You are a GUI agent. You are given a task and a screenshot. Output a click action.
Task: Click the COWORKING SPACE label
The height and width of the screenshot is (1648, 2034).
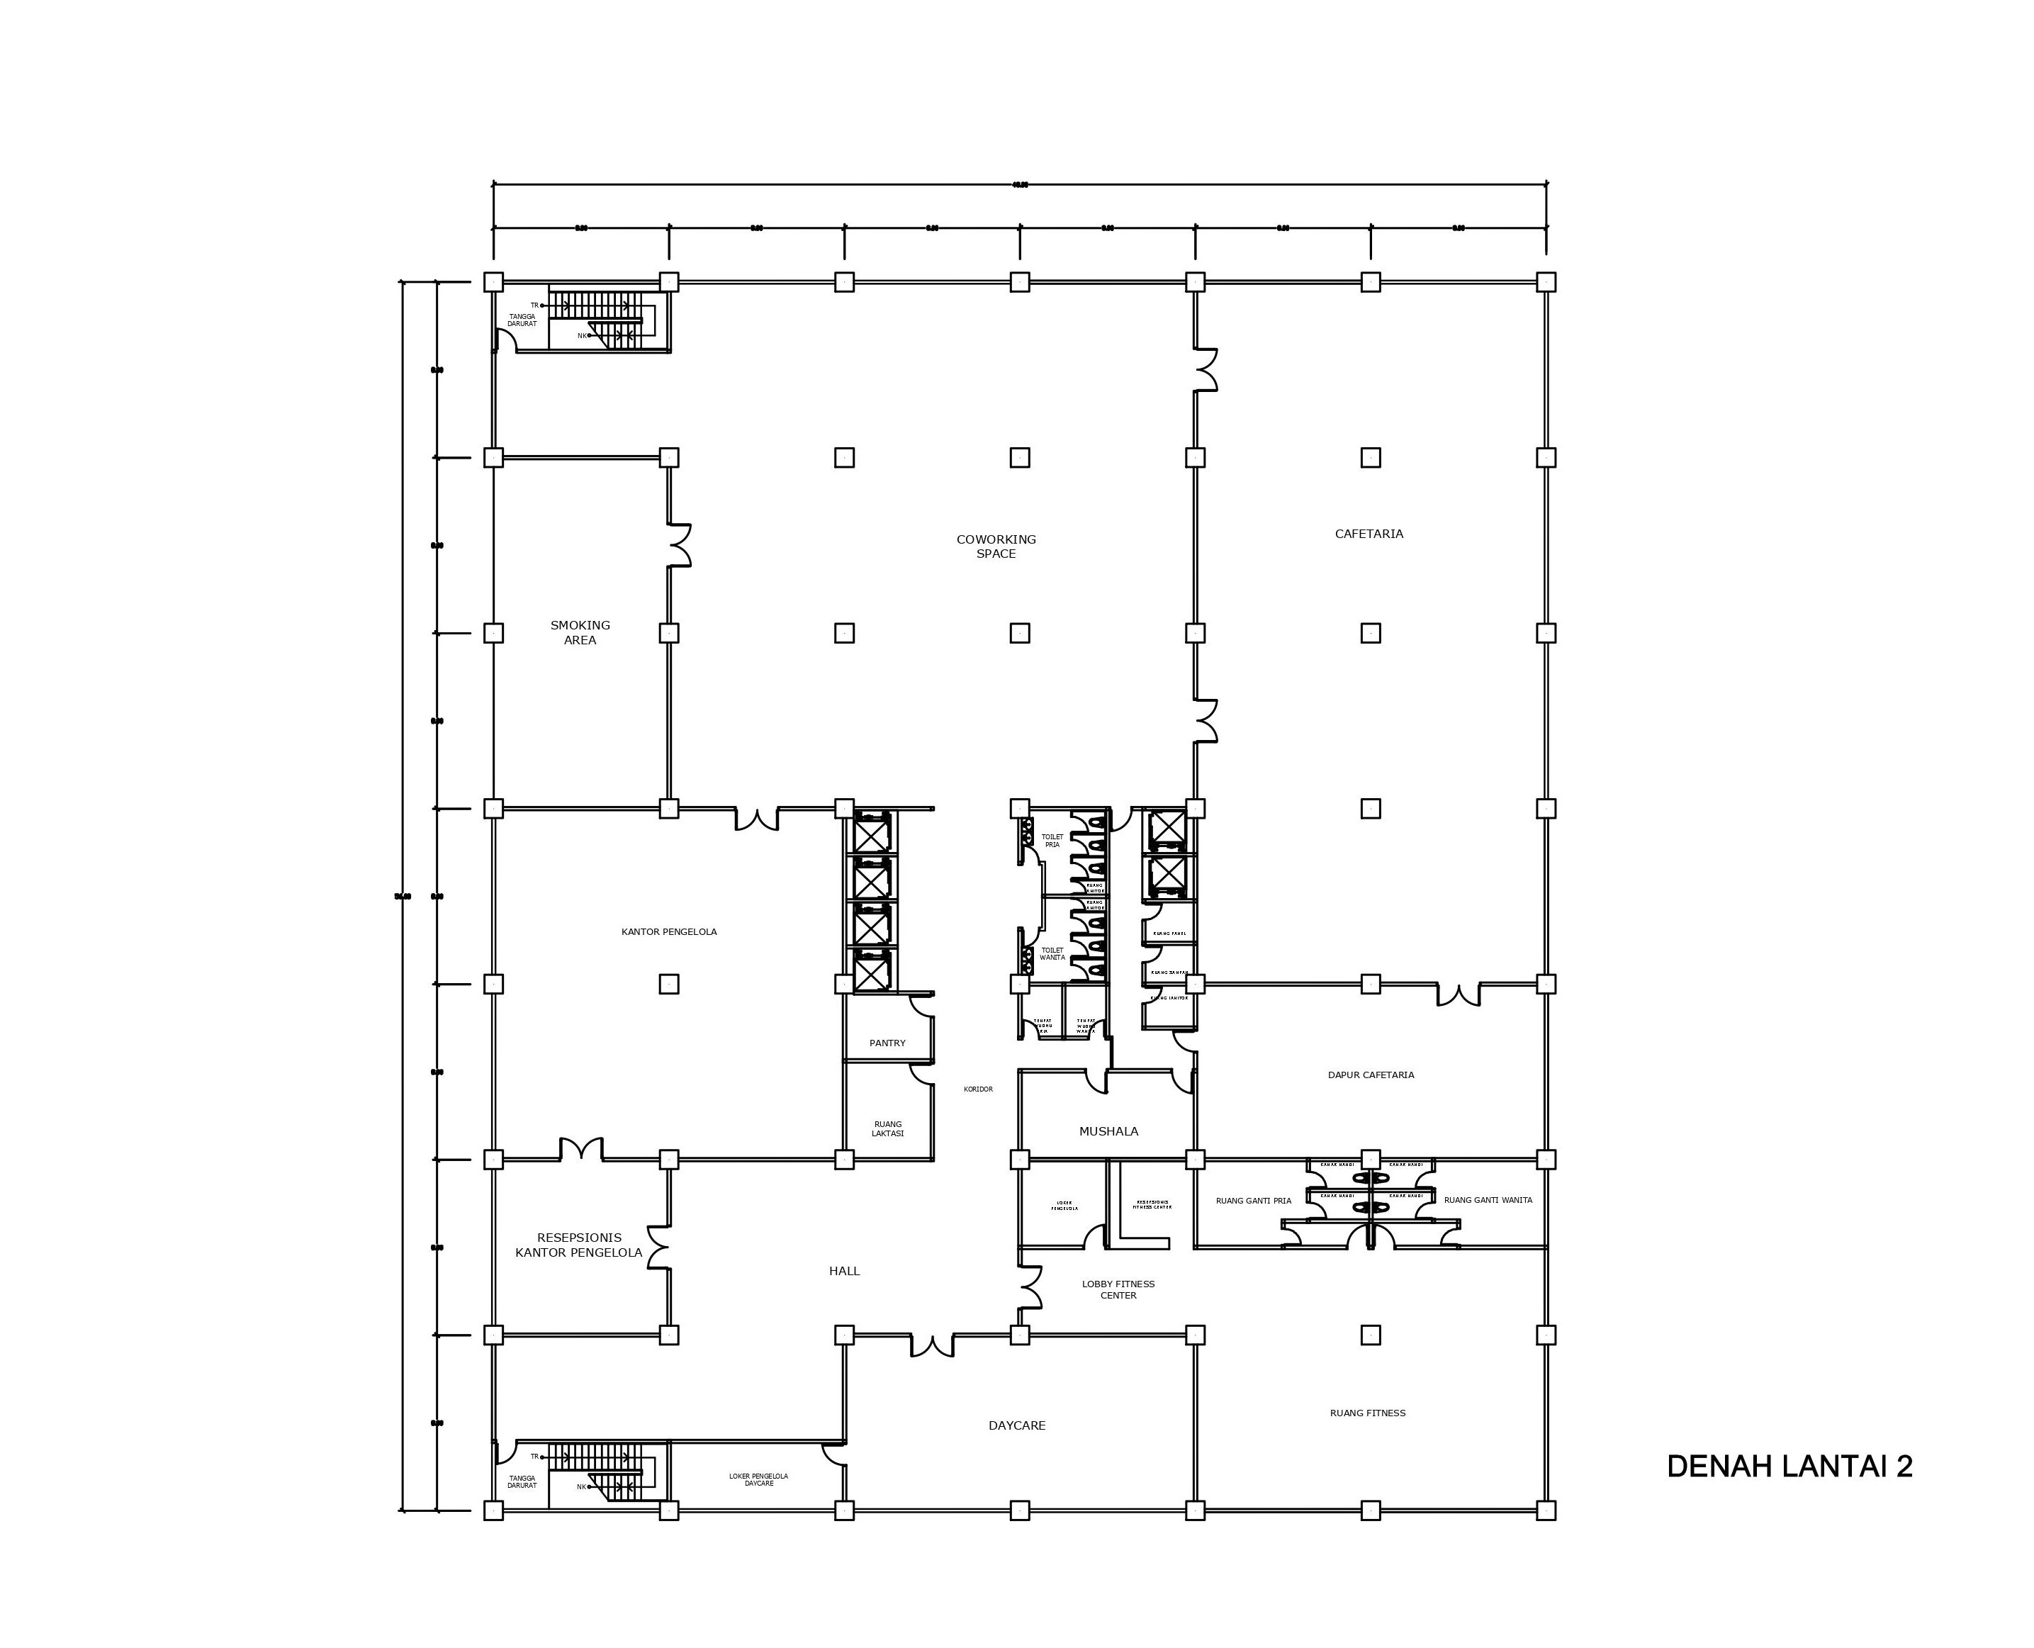pyautogui.click(x=996, y=546)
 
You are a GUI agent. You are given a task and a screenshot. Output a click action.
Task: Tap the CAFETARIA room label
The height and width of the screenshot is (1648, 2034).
pyautogui.click(x=1368, y=534)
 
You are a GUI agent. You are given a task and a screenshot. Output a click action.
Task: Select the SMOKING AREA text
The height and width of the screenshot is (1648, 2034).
pyautogui.click(x=580, y=632)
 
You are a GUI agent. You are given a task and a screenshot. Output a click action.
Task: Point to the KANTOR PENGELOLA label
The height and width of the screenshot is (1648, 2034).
pyautogui.click(x=668, y=931)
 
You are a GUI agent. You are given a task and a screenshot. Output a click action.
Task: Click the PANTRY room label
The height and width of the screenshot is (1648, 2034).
pyautogui.click(x=887, y=1043)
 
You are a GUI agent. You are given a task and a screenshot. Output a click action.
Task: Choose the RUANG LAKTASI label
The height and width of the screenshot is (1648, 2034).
pyautogui.click(x=887, y=1128)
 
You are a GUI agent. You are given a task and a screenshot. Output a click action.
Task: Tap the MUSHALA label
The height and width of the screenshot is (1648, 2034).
pyautogui.click(x=1108, y=1131)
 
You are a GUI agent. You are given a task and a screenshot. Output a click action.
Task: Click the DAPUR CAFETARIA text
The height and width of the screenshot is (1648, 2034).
pyautogui.click(x=1370, y=1075)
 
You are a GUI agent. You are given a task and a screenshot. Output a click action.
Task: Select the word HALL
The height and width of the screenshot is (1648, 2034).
pyautogui.click(x=844, y=1270)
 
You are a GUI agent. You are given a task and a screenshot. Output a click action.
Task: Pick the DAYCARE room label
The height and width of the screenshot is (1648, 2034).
pyautogui.click(x=1016, y=1425)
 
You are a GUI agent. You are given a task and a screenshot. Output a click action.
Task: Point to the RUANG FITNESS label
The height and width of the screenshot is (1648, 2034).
pyautogui.click(x=1367, y=1413)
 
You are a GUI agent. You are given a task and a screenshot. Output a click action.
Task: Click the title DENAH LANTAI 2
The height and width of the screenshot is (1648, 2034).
pyautogui.click(x=1788, y=1466)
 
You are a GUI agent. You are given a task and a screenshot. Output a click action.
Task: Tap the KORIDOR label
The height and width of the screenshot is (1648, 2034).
pyautogui.click(x=977, y=1089)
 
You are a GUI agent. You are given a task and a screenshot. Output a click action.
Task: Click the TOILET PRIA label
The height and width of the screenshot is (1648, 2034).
pyautogui.click(x=1052, y=840)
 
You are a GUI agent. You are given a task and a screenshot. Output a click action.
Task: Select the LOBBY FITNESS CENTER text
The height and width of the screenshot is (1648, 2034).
pyautogui.click(x=1118, y=1289)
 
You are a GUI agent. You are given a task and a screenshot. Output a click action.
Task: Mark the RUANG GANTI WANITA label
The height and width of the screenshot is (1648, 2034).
pyautogui.click(x=1488, y=1200)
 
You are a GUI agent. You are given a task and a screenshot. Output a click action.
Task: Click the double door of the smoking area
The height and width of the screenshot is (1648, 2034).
pyautogui.click(x=680, y=545)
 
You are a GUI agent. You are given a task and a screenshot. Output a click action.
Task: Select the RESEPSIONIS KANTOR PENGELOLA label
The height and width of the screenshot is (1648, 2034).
pyautogui.click(x=578, y=1245)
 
